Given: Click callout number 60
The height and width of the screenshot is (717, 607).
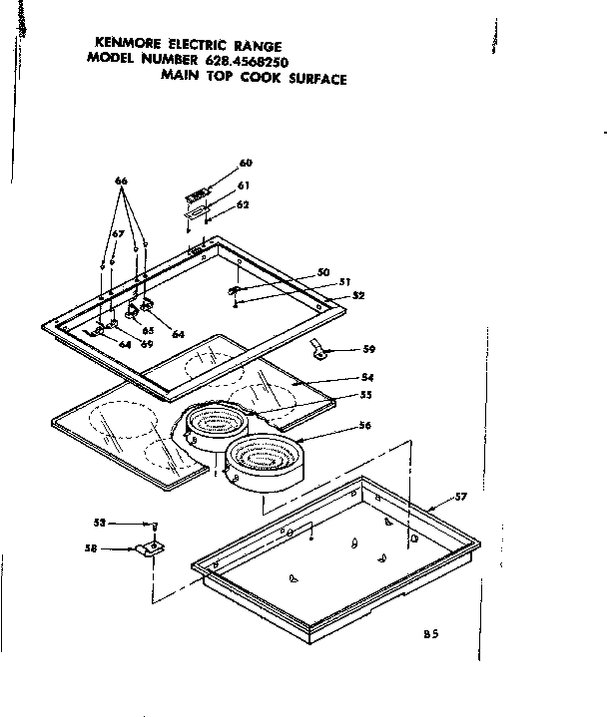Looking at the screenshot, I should (246, 163).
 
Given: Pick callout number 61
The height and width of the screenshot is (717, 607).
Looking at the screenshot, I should (243, 184).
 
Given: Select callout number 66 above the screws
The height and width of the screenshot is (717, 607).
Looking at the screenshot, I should (122, 180).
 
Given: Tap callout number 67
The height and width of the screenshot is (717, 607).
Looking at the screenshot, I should (117, 233).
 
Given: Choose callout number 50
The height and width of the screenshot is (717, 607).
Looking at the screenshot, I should (322, 272).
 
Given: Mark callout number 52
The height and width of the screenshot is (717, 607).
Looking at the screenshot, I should (357, 295).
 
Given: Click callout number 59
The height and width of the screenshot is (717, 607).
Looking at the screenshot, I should (368, 349).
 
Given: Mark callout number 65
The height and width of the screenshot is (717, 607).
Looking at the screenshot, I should (147, 330).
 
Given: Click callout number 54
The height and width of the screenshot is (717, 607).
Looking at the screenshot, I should (366, 378).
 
